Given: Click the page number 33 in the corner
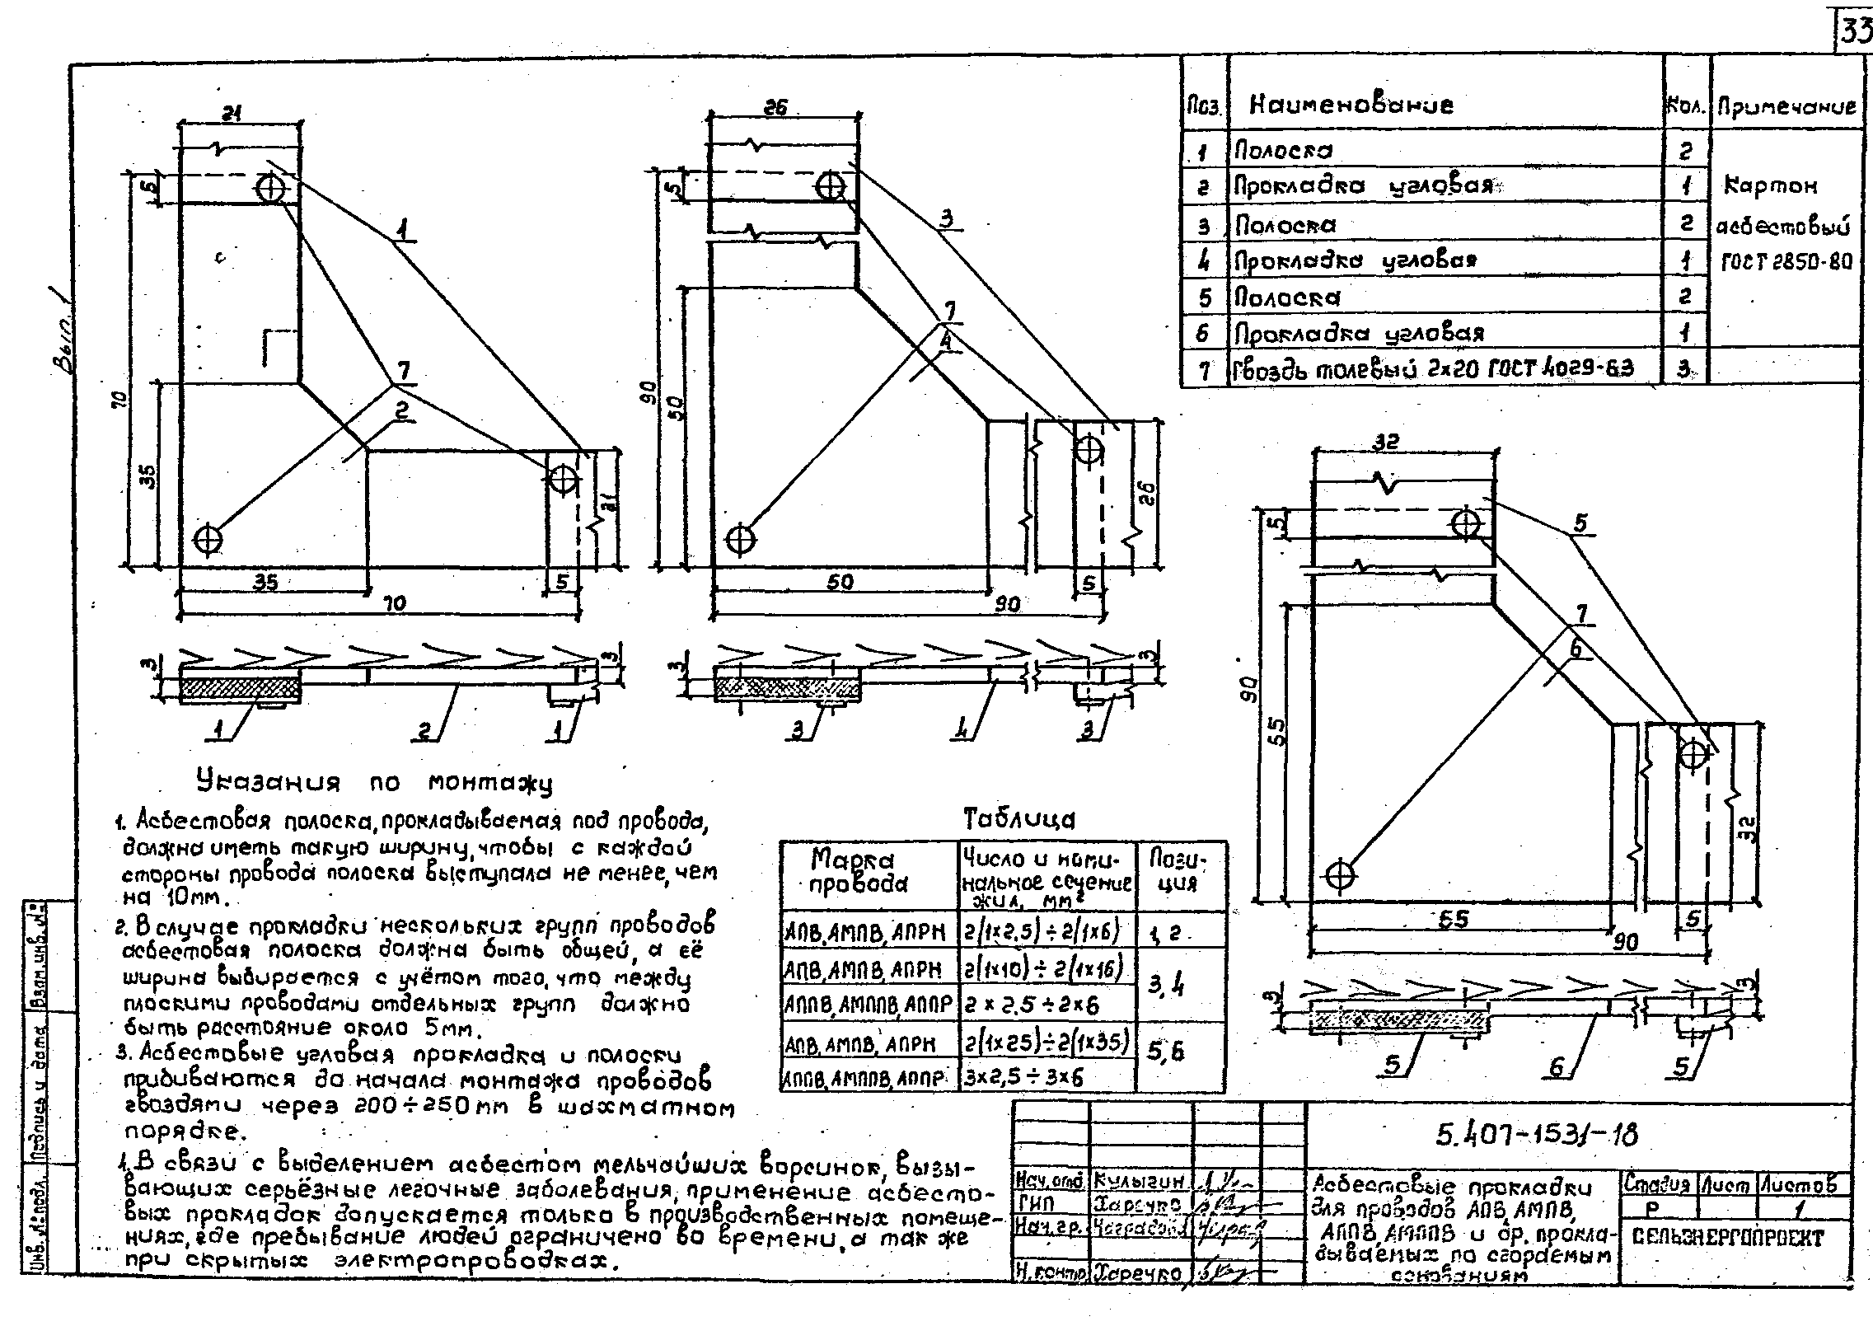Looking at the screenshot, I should tap(1855, 34).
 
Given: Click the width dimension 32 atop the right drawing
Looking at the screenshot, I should tap(1387, 442).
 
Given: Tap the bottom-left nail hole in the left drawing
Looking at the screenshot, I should tap(207, 538).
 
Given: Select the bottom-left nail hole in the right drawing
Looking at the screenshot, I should tap(1341, 874).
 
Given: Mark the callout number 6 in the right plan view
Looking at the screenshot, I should tap(1576, 649).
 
